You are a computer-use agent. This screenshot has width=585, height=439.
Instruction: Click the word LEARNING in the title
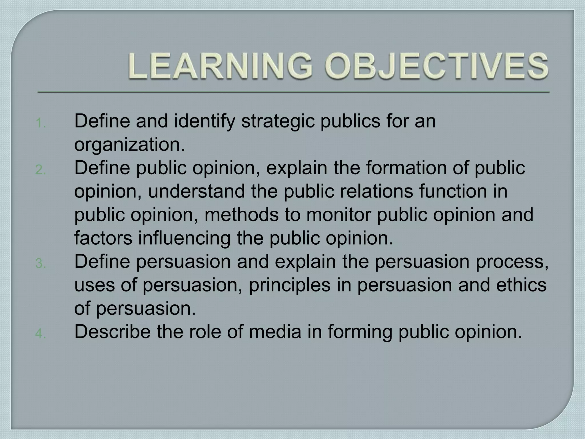tap(220, 66)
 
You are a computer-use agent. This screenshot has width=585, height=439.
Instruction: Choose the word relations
tap(377, 191)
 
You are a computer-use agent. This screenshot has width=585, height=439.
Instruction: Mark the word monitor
tap(338, 215)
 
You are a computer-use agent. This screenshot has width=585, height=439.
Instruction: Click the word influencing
tap(184, 238)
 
